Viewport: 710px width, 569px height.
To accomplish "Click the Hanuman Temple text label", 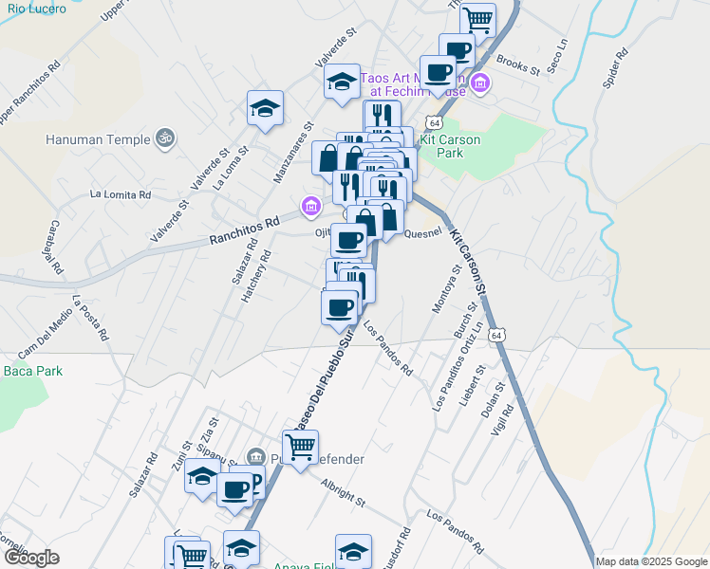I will (x=98, y=139).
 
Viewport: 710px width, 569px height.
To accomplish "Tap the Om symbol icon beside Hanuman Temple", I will (x=166, y=138).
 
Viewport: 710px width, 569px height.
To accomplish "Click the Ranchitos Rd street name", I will (x=244, y=232).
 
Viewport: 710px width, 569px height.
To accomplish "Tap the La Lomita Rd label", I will (x=121, y=193).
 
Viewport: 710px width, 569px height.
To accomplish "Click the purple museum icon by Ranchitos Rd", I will (x=309, y=205).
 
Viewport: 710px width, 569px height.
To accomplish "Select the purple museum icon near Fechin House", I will (x=480, y=84).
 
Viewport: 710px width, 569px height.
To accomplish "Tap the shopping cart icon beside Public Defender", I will (x=300, y=447).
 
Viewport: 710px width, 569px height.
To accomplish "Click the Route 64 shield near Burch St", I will (x=496, y=335).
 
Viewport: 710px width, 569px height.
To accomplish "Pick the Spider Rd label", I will (x=615, y=69).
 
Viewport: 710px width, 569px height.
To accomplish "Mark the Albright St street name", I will (x=343, y=492).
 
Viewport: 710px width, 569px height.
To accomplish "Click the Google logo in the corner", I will (x=31, y=558).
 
